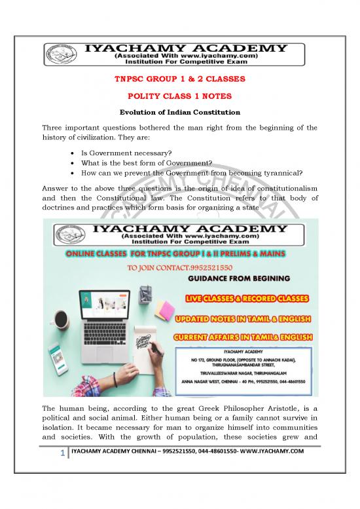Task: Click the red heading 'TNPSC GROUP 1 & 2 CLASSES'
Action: coord(179,79)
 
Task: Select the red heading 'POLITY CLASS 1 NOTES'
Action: coord(179,94)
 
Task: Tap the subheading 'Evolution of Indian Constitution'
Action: coord(179,109)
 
